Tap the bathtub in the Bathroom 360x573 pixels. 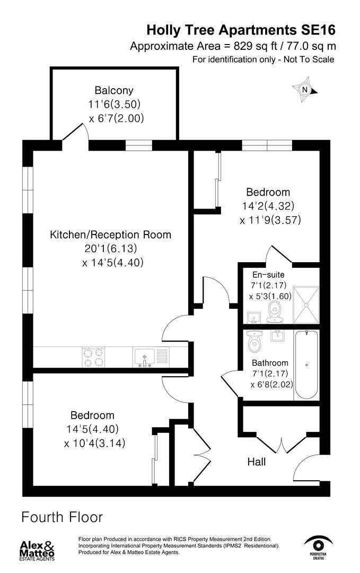tap(306, 365)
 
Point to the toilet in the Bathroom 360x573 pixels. tap(256, 341)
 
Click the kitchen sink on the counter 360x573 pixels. tap(144, 356)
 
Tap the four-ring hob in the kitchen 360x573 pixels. tap(93, 356)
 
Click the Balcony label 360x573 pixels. tap(114, 90)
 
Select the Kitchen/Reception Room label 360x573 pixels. tap(110, 235)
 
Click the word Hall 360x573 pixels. tap(257, 462)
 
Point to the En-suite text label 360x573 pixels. tap(268, 275)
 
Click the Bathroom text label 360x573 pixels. tap(270, 363)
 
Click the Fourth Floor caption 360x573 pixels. tap(62, 517)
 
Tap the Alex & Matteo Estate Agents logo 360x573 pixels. tap(37, 551)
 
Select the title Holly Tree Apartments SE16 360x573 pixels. tap(241, 29)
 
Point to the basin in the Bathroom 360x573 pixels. tap(276, 336)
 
